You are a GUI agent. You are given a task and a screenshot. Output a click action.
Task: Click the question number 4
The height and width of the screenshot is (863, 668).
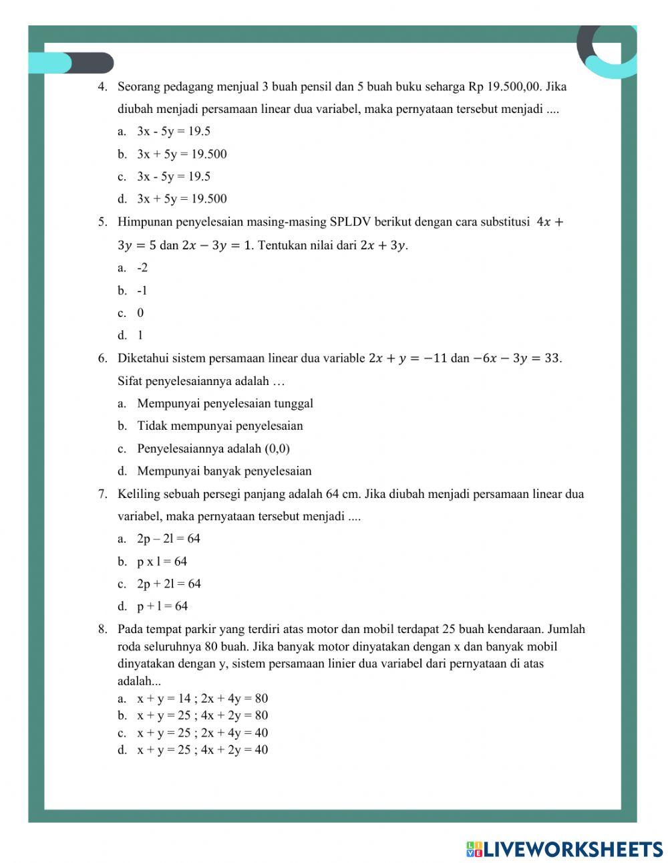pyautogui.click(x=102, y=86)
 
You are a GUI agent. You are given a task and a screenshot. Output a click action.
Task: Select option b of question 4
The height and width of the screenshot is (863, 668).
pyautogui.click(x=182, y=154)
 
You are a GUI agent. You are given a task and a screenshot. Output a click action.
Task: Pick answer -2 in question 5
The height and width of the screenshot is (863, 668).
pyautogui.click(x=142, y=267)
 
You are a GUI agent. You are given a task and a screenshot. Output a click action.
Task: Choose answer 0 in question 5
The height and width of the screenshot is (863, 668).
pyautogui.click(x=140, y=313)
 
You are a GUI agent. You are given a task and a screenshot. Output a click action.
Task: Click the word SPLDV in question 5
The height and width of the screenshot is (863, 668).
pyautogui.click(x=349, y=222)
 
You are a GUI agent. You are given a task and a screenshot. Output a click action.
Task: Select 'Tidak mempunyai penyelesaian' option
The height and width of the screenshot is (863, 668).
pyautogui.click(x=220, y=426)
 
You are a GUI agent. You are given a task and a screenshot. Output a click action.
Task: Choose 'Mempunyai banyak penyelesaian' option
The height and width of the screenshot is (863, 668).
pyautogui.click(x=224, y=471)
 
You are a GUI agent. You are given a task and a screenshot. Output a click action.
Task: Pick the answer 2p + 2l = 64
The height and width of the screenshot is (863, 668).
pyautogui.click(x=168, y=584)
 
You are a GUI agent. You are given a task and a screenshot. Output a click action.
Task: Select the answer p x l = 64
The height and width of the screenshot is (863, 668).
pyautogui.click(x=162, y=562)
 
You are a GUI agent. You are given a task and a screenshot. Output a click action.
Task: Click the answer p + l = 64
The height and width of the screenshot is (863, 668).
pyautogui.click(x=162, y=606)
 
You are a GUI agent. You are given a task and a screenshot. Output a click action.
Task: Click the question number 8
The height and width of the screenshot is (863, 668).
pyautogui.click(x=102, y=629)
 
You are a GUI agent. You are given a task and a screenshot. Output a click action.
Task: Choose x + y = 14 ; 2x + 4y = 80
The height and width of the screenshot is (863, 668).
pyautogui.click(x=202, y=699)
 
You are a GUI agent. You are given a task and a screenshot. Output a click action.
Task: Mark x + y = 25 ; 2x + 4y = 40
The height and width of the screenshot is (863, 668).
pyautogui.click(x=202, y=733)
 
